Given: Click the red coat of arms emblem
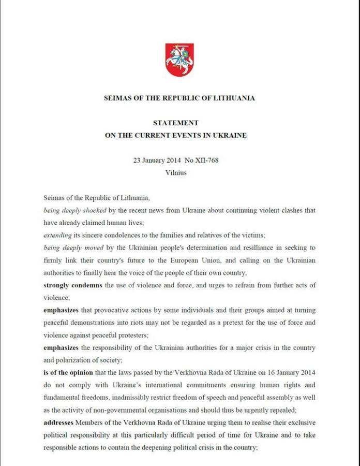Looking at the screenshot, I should [x=179, y=60].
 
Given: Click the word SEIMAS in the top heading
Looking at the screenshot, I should [x=119, y=98].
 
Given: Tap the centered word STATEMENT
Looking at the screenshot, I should [x=176, y=123].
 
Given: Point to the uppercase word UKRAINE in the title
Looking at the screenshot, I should [x=229, y=136].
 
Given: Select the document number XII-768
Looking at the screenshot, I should [x=205, y=161].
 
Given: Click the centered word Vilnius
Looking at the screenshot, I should [x=176, y=172].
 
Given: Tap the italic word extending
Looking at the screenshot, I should [x=57, y=235].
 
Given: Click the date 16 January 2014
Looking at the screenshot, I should [x=287, y=373].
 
